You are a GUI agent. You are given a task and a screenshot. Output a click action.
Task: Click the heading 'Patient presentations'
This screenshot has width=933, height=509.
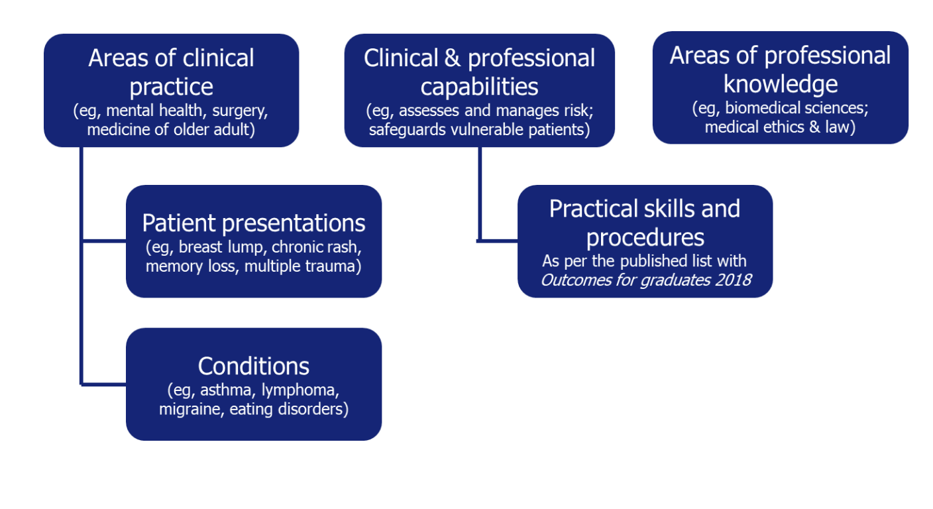tap(254, 223)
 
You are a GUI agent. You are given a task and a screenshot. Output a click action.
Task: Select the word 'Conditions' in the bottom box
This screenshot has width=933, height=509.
tap(254, 366)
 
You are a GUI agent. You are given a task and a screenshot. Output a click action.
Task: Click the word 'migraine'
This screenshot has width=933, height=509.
tap(192, 409)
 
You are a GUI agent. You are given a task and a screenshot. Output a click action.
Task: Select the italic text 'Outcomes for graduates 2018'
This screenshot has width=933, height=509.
tap(645, 280)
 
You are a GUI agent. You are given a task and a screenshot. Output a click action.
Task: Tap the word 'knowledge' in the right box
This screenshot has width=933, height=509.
tap(781, 84)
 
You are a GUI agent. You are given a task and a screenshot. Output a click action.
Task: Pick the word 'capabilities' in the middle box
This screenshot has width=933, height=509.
tap(479, 87)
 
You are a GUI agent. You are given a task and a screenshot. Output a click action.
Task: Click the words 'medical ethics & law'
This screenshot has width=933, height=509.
tap(780, 126)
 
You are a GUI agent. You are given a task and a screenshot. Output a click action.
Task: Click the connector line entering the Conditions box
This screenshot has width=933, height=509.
tap(104, 384)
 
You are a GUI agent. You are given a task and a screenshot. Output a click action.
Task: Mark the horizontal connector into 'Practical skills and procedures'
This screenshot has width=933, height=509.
tap(498, 241)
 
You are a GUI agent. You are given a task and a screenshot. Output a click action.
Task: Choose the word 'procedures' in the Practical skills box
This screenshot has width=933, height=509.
tap(645, 237)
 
